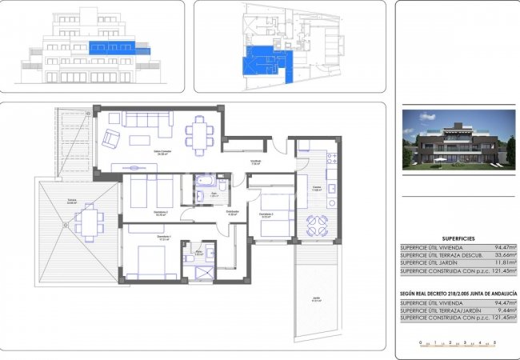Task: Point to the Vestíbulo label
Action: tap(256, 161)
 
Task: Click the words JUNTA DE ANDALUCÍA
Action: tap(488, 294)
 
